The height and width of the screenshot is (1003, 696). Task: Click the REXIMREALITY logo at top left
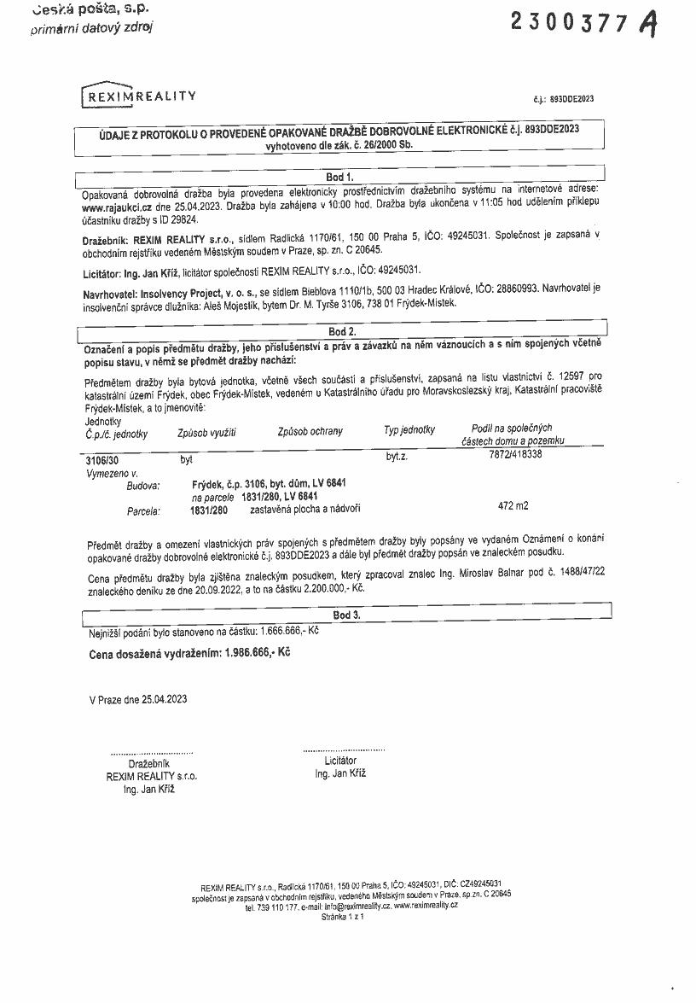click(139, 96)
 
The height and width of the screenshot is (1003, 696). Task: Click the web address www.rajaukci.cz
click(118, 207)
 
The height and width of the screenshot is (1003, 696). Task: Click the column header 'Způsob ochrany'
click(310, 431)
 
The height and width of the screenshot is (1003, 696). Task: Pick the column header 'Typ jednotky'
click(409, 430)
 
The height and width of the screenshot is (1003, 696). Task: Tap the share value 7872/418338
click(512, 454)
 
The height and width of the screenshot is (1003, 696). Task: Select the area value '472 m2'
click(513, 505)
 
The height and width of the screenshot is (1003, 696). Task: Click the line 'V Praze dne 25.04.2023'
click(137, 699)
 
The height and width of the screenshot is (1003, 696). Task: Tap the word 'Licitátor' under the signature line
click(340, 760)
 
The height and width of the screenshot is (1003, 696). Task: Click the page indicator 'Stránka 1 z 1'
click(343, 916)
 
